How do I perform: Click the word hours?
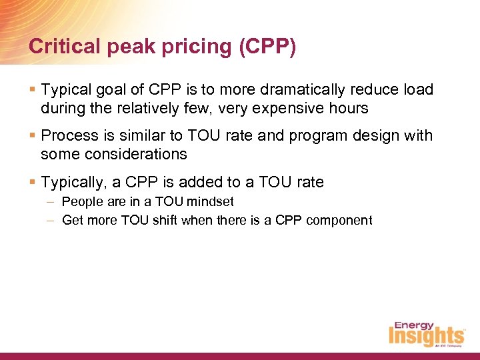349,107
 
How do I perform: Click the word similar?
133,136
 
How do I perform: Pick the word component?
339,221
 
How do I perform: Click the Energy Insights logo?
427,333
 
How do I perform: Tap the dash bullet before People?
51,201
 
